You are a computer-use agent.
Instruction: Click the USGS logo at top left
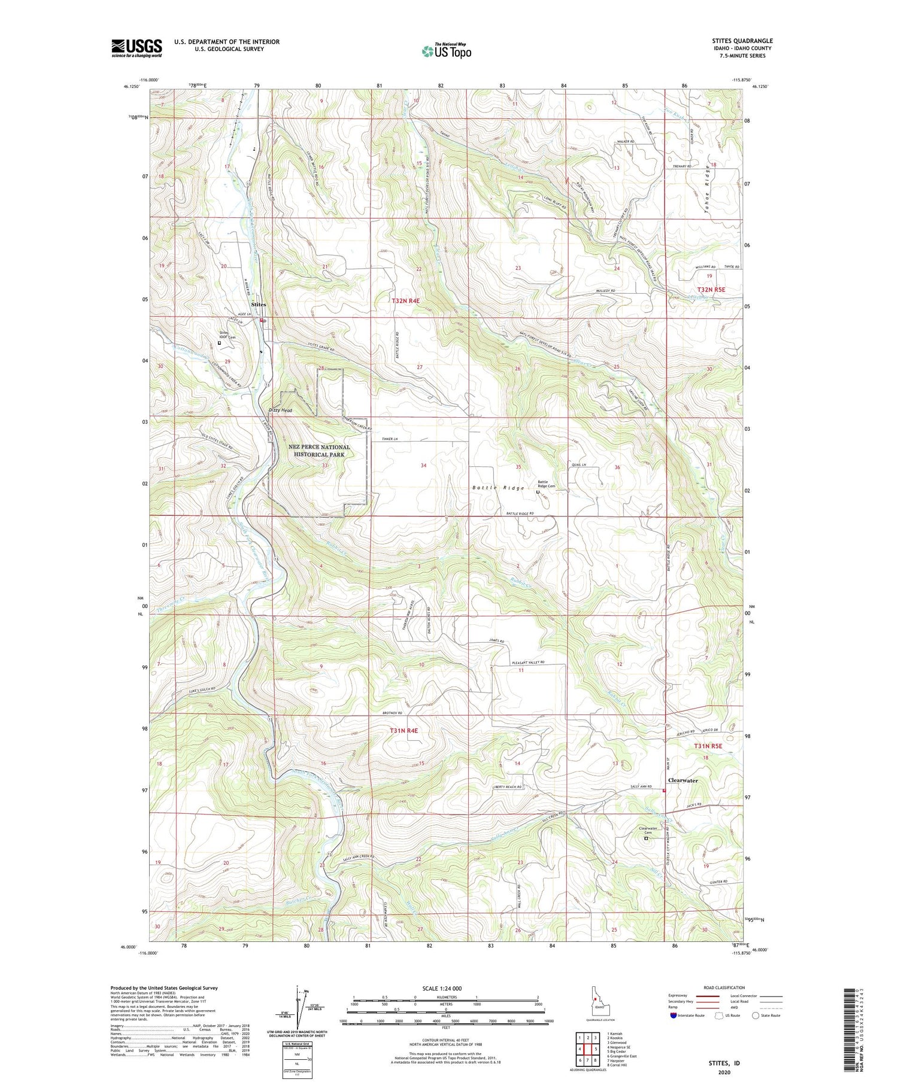[136, 48]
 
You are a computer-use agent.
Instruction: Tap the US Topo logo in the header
[446, 51]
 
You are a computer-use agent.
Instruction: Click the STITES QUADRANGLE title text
[739, 41]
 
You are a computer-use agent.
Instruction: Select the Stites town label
[259, 305]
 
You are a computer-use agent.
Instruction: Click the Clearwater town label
[682, 780]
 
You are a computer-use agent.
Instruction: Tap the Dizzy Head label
[280, 411]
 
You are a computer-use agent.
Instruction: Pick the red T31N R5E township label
[708, 746]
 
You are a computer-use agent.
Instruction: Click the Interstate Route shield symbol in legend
[673, 1015]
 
